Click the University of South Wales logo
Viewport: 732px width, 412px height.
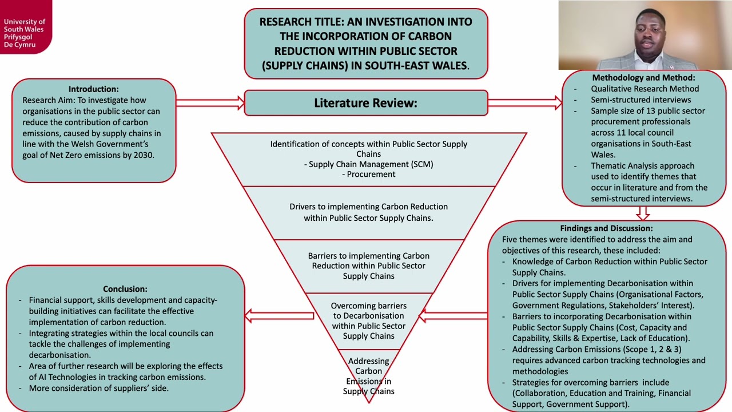pyautogui.click(x=26, y=27)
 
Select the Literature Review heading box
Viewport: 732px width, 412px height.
pyautogui.click(x=366, y=103)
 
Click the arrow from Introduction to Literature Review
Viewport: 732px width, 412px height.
pyautogui.click(x=210, y=103)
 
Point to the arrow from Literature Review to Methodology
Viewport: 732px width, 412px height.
pyautogui.click(x=525, y=103)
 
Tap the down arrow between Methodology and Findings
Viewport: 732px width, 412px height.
pyautogui.click(x=643, y=213)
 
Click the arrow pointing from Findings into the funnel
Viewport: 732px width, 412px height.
pyautogui.click(x=453, y=316)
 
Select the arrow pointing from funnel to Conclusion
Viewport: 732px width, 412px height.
pyautogui.click(x=280, y=316)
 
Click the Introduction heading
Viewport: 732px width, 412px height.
pyautogui.click(x=93, y=89)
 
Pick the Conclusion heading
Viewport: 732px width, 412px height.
pyautogui.click(x=125, y=289)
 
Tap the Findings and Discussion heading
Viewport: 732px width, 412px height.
pyautogui.click(x=607, y=228)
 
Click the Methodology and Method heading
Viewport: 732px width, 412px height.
pyautogui.click(x=644, y=77)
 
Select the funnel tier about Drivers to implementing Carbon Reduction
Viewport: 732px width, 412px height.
pyautogui.click(x=369, y=213)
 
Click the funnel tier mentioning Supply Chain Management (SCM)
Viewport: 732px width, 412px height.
pyautogui.click(x=369, y=160)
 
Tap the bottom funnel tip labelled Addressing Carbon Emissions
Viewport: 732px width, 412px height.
pyautogui.click(x=369, y=376)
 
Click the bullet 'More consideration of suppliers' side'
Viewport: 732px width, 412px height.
pyautogui.click(x=99, y=388)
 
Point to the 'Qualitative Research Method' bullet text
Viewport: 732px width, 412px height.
pyautogui.click(x=645, y=89)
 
